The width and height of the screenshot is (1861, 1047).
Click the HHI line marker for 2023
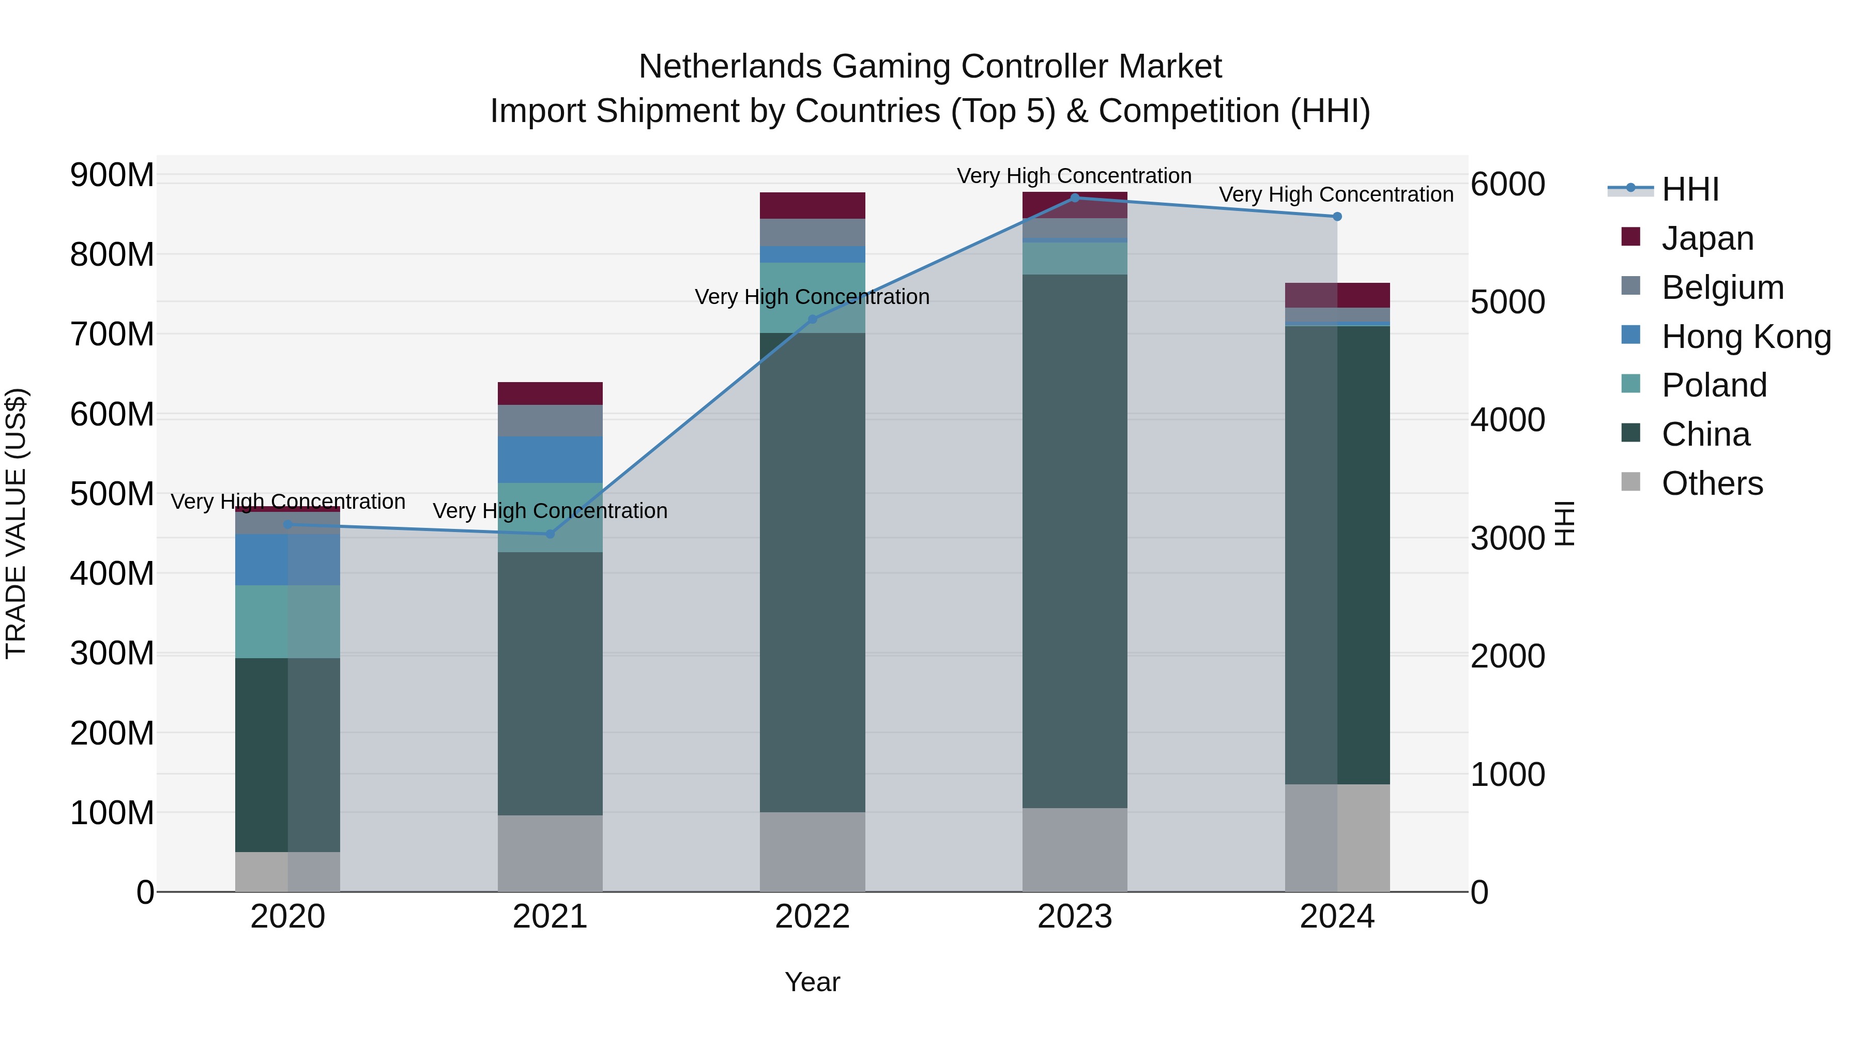1074,198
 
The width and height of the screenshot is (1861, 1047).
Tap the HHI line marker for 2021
550,534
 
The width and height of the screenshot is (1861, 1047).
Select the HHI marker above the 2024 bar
1336,217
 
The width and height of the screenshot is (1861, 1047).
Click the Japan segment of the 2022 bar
812,205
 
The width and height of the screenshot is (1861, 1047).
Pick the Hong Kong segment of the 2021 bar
550,460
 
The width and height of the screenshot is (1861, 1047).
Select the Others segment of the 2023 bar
1074,849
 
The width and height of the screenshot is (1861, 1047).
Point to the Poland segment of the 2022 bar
812,289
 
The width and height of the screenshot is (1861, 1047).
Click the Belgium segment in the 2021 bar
550,420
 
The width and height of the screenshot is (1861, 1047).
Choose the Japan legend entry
1706,238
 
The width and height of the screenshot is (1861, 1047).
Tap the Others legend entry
1712,483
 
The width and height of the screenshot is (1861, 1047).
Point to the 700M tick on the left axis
112,335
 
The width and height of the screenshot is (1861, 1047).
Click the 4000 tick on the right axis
1508,420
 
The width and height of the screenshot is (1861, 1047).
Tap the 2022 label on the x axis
812,917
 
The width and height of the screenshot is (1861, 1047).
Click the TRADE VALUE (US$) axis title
16,523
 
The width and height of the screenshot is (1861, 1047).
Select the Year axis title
812,982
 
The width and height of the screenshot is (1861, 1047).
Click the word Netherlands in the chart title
729,67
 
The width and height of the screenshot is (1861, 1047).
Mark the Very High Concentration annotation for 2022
812,297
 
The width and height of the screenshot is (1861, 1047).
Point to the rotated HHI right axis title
1565,523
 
